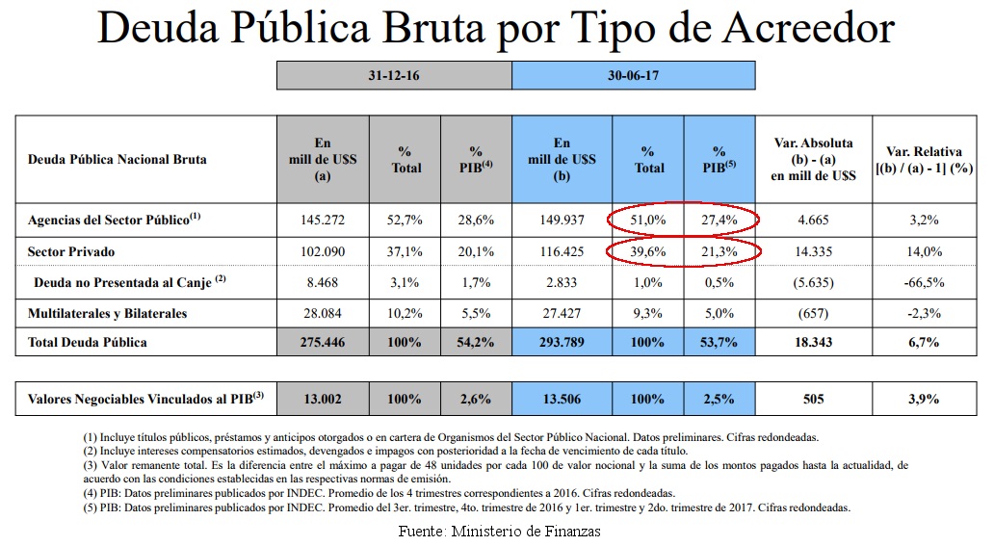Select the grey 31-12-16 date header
394,75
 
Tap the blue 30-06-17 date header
633,75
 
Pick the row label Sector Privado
72,251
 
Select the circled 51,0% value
649,221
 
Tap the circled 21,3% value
719,251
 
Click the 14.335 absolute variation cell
815,251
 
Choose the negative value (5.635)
815,283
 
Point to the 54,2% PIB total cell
476,342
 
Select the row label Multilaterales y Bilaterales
108,313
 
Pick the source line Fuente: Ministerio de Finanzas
500,531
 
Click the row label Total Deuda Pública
88,342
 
